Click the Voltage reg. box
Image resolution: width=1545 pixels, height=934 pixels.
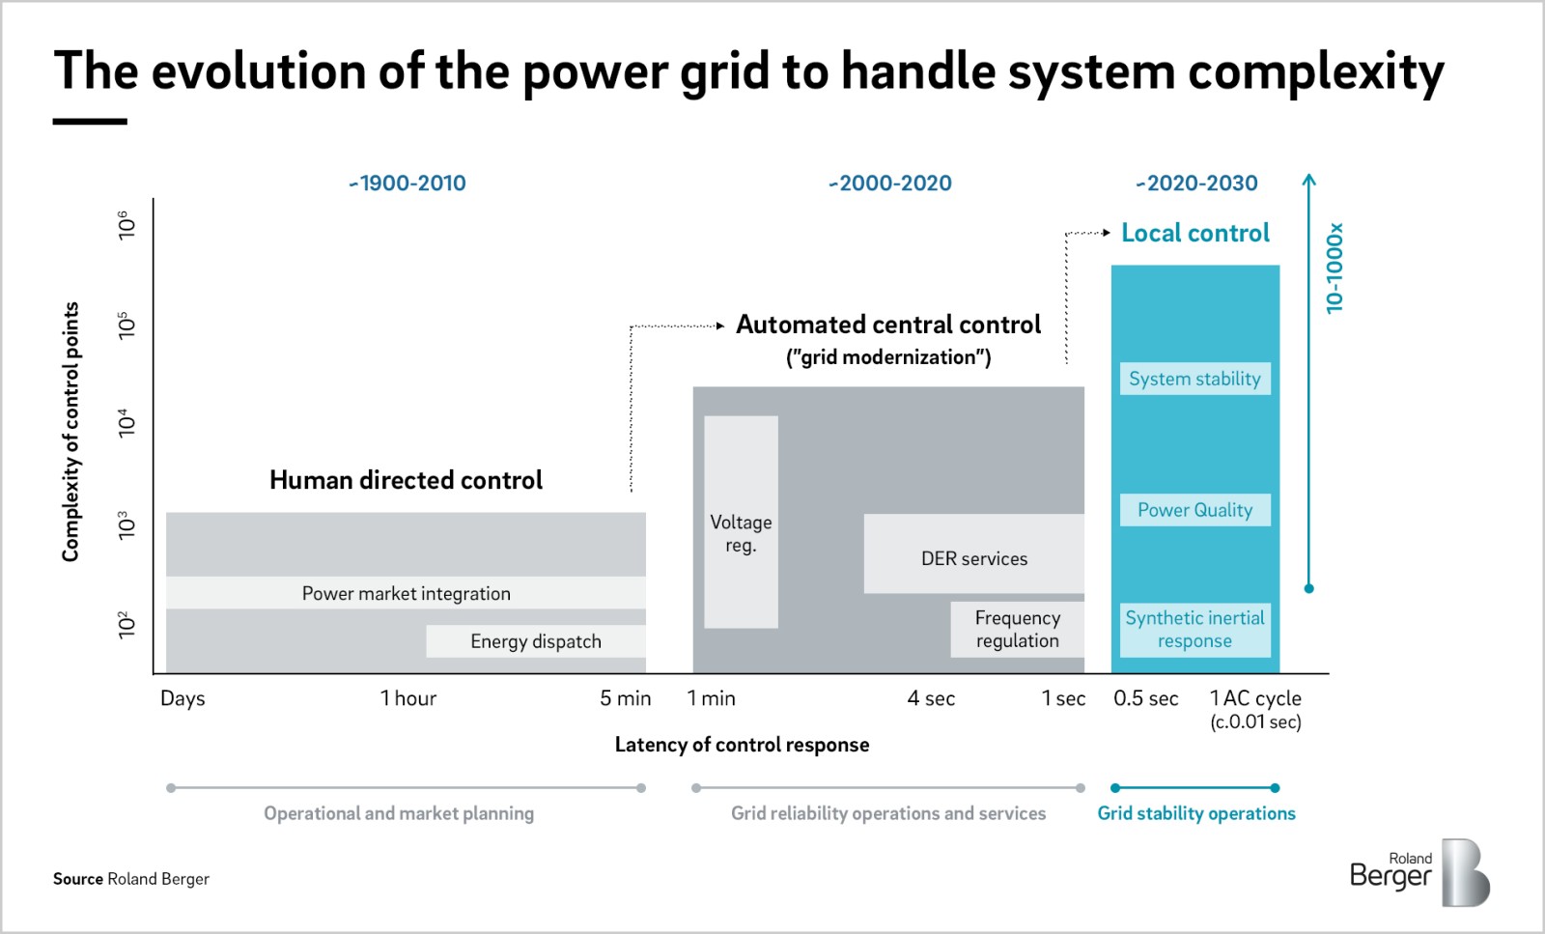pyautogui.click(x=741, y=523)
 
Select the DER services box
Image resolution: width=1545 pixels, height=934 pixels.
pyautogui.click(x=973, y=555)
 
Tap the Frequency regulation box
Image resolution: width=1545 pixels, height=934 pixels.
pyautogui.click(x=1017, y=629)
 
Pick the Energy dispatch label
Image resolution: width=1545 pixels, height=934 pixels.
pyautogui.click(x=536, y=641)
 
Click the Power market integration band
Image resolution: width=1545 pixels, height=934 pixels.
pyautogui.click(x=406, y=593)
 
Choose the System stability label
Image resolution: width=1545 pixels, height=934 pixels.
pyautogui.click(x=1194, y=379)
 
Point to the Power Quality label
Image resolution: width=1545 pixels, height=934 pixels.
pyautogui.click(x=1194, y=510)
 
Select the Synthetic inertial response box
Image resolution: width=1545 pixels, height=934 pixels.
pyautogui.click(x=1194, y=629)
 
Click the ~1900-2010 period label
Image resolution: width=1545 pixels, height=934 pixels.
pyautogui.click(x=407, y=184)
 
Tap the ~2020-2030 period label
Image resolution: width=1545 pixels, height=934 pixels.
pyautogui.click(x=1196, y=184)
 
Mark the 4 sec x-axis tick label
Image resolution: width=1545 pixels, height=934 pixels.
pyautogui.click(x=931, y=698)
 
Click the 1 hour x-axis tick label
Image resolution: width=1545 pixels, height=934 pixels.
pyautogui.click(x=408, y=698)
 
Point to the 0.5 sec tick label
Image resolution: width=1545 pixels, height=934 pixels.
pyautogui.click(x=1145, y=698)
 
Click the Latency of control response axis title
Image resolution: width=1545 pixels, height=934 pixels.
pyautogui.click(x=742, y=745)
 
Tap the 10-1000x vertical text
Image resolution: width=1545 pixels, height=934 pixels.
pyautogui.click(x=1334, y=269)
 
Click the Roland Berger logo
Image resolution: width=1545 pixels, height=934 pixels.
pyautogui.click(x=1419, y=872)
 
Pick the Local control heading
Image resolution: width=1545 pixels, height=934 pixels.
pyautogui.click(x=1195, y=233)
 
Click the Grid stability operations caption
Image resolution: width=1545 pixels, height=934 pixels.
pyautogui.click(x=1196, y=813)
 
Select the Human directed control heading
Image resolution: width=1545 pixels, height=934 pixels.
pyautogui.click(x=406, y=480)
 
